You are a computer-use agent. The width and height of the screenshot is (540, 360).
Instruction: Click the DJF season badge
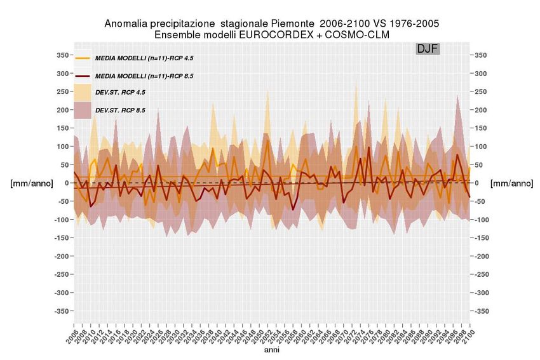click(x=428, y=49)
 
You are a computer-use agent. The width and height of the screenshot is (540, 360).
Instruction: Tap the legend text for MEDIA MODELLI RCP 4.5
click(x=144, y=58)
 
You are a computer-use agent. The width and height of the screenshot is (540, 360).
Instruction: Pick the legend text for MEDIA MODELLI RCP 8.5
click(x=144, y=76)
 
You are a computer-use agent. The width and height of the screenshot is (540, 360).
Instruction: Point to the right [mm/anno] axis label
click(x=512, y=183)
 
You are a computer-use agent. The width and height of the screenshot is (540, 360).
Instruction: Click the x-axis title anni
click(x=272, y=350)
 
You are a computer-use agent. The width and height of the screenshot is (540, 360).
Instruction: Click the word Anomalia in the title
click(x=126, y=23)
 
